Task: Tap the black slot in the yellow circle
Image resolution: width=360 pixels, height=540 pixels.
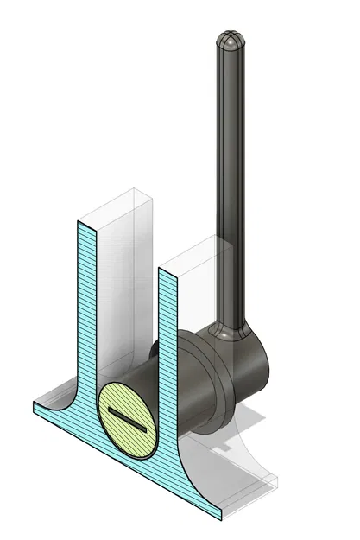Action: pos(126,420)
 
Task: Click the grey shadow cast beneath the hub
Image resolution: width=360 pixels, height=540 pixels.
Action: pos(250,423)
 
